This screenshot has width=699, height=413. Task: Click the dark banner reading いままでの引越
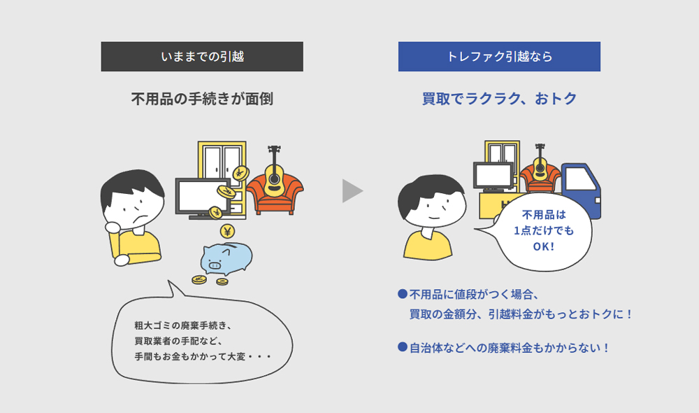pos(202,57)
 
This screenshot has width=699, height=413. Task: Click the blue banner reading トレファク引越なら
pos(499,57)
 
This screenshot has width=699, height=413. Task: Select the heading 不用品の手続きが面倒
pos(202,99)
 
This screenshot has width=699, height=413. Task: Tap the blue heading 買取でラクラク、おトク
pos(499,99)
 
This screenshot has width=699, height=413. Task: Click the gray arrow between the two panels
pos(352,191)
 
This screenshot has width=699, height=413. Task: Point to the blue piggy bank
pos(226,258)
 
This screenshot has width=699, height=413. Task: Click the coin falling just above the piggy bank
pos(227,231)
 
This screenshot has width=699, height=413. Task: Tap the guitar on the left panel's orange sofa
pos(274,172)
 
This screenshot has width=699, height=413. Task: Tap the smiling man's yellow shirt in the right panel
pos(428,245)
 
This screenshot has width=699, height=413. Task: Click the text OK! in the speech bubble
pos(543,246)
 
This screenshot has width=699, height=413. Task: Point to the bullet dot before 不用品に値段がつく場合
pos(402,294)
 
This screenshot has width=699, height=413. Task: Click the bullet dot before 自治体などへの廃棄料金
pos(402,347)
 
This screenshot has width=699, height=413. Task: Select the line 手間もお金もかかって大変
pos(203,357)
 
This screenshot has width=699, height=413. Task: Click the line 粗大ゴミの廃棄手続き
pos(182,325)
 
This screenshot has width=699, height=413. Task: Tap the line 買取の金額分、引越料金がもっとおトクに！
pos(521,314)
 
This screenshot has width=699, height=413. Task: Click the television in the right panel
pos(493,177)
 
